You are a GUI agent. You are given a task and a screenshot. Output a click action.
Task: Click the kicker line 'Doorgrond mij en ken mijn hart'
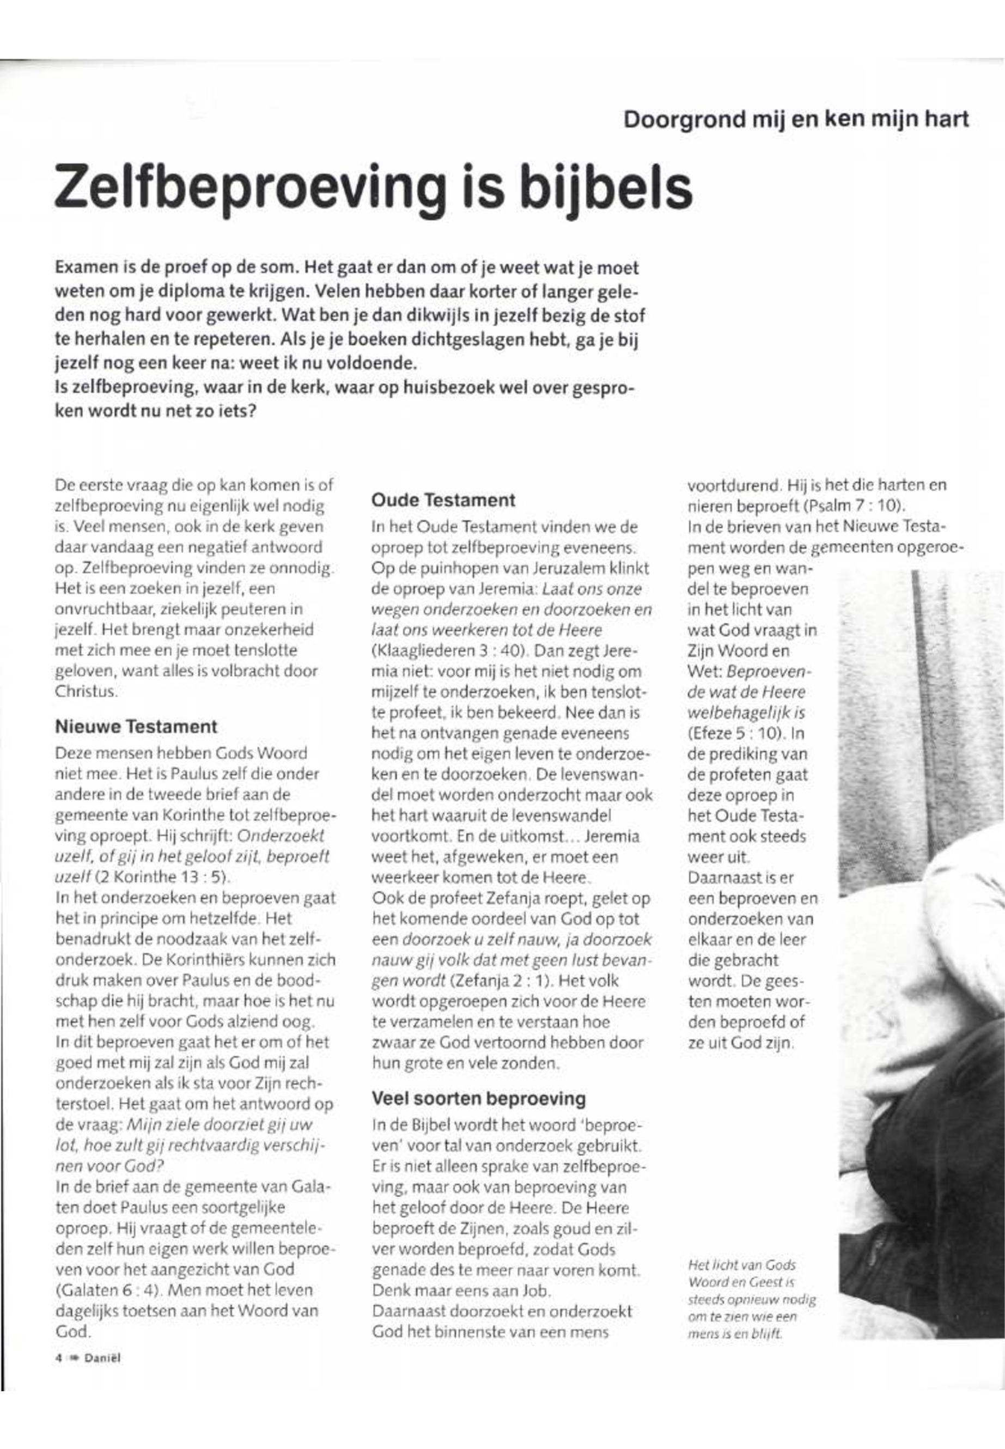coord(796,120)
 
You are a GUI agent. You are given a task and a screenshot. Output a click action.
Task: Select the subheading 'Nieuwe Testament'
coord(136,726)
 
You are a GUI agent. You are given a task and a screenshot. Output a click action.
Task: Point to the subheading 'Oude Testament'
coord(443,501)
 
